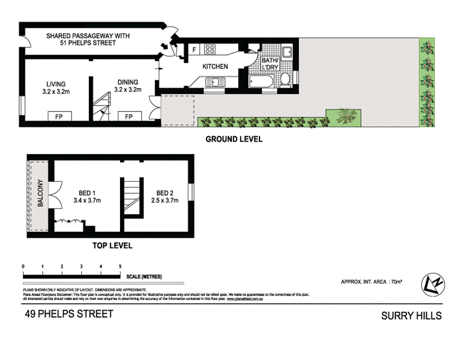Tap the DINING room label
point(127,82)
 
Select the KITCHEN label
point(214,66)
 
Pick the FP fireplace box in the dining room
point(129,116)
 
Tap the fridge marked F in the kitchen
point(195,50)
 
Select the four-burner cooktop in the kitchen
point(211,50)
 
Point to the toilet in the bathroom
point(286,79)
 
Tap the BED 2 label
point(165,193)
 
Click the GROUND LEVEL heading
point(234,139)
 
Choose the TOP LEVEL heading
point(112,245)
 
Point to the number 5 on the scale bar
point(121,265)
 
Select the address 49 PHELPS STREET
point(68,314)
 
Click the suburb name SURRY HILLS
point(411,316)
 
